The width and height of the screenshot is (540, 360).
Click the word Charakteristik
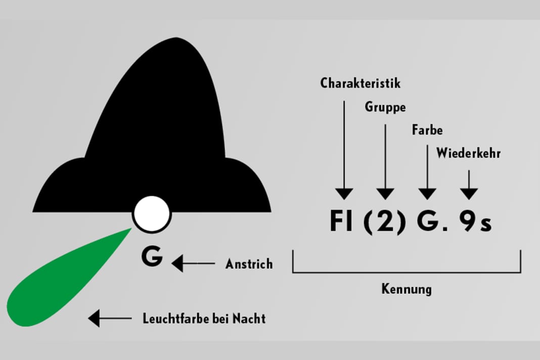pyautogui.click(x=360, y=83)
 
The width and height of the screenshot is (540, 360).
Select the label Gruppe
pyautogui.click(x=385, y=107)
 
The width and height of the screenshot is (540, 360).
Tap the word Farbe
pyautogui.click(x=427, y=130)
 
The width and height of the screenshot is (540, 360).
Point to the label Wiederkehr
pyautogui.click(x=468, y=153)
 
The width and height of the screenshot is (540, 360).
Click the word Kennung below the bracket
pyautogui.click(x=407, y=289)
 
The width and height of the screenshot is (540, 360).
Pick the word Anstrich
pyautogui.click(x=249, y=264)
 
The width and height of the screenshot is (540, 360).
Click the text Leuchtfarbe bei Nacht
pyautogui.click(x=204, y=319)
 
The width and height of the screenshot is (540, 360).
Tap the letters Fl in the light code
pyautogui.click(x=342, y=221)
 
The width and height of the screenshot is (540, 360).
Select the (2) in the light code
pyautogui.click(x=385, y=222)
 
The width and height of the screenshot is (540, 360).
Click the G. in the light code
pyautogui.click(x=430, y=222)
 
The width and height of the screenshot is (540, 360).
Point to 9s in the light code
pyautogui.click(x=475, y=222)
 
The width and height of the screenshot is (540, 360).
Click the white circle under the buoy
pyautogui.click(x=152, y=214)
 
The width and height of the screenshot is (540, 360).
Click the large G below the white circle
pyautogui.click(x=152, y=257)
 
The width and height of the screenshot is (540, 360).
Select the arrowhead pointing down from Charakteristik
pyautogui.click(x=344, y=194)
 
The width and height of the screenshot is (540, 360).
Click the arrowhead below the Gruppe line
pyautogui.click(x=385, y=194)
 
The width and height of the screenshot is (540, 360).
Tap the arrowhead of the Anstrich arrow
pyautogui.click(x=177, y=263)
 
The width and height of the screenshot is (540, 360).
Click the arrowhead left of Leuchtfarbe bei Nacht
pyautogui.click(x=94, y=319)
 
